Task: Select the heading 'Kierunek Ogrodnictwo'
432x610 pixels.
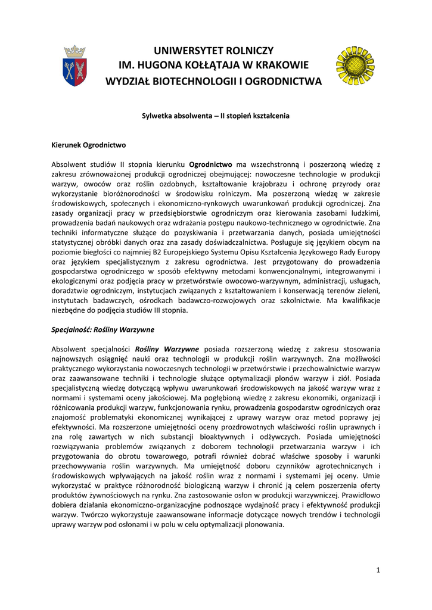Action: tap(89, 145)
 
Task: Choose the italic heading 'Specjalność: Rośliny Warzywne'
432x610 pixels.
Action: tap(103, 329)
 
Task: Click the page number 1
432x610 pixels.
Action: tap(378, 570)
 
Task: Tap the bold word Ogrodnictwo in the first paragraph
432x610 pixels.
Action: tap(210, 164)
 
